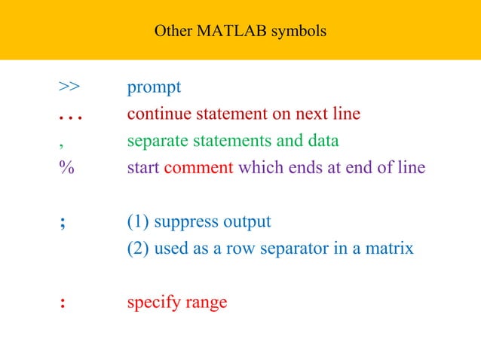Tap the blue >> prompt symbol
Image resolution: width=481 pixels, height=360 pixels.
click(x=69, y=87)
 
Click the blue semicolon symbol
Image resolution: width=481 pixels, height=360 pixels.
click(x=61, y=224)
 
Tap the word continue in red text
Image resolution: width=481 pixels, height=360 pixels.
click(x=159, y=114)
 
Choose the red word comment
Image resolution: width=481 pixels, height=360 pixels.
click(x=198, y=167)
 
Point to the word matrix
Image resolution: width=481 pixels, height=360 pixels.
click(x=388, y=248)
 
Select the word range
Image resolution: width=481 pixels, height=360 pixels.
click(x=203, y=304)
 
